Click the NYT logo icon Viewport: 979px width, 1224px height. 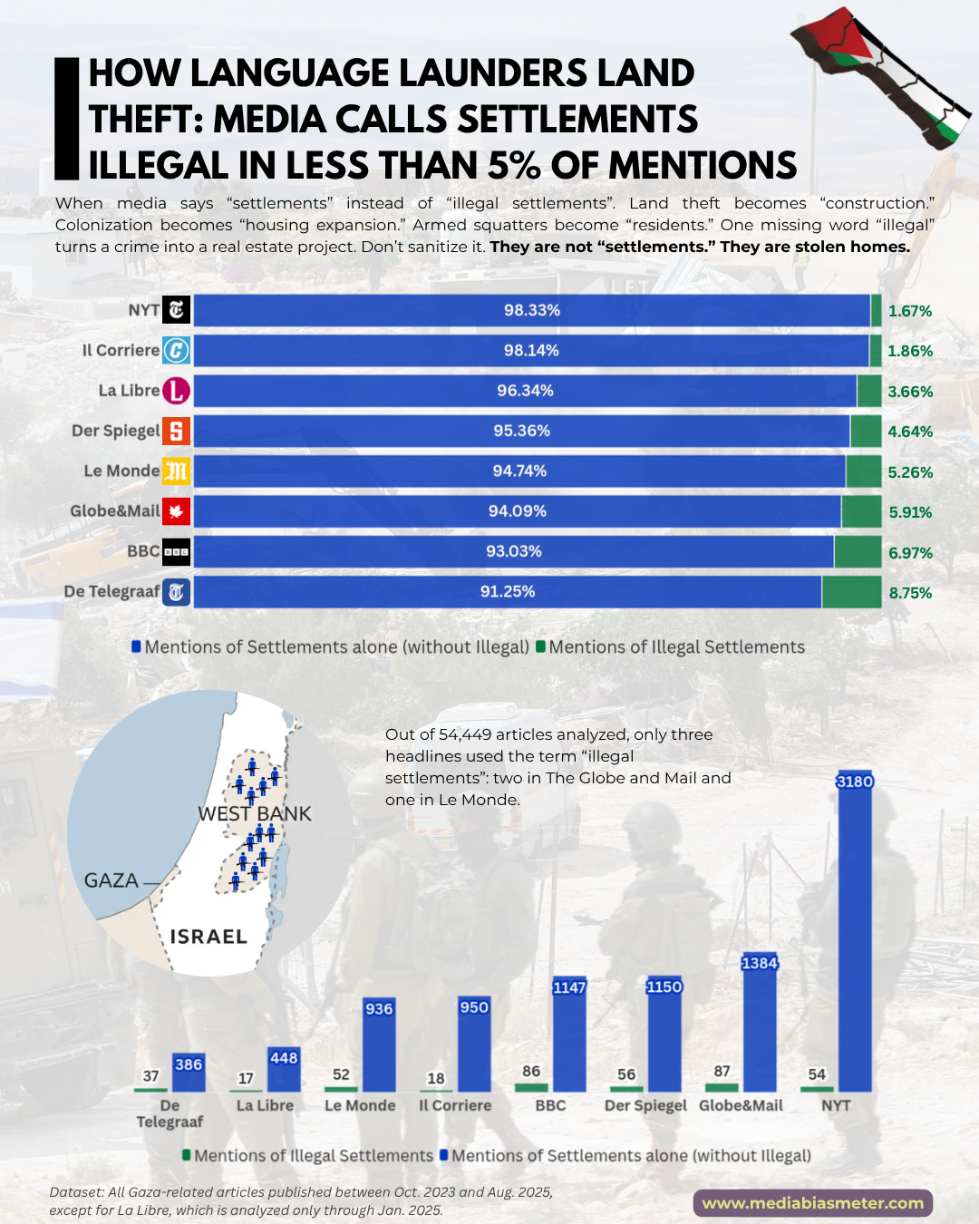tap(176, 310)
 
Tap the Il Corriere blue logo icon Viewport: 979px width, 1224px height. tap(176, 350)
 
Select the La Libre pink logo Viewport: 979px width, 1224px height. tap(176, 391)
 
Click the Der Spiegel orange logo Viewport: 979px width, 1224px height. tap(176, 431)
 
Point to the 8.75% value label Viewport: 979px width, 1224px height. tap(910, 593)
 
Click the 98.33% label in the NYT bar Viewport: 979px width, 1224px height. tap(532, 310)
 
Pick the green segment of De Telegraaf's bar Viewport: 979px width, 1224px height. tap(851, 592)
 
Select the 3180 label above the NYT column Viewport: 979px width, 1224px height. tap(854, 782)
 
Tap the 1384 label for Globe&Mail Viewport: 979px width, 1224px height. tap(760, 963)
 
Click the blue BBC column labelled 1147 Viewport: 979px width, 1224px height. tap(569, 1043)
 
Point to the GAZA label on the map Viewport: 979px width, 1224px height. tap(111, 880)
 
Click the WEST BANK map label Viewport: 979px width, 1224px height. tap(255, 814)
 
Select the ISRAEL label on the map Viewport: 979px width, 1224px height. tap(208, 937)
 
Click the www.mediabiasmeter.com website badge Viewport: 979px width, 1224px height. tap(813, 1203)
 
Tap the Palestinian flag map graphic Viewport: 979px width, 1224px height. tap(879, 77)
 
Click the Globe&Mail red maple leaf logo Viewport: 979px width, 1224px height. tap(176, 511)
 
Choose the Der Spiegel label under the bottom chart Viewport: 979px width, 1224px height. tap(645, 1106)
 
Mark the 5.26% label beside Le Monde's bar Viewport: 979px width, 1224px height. tap(910, 472)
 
